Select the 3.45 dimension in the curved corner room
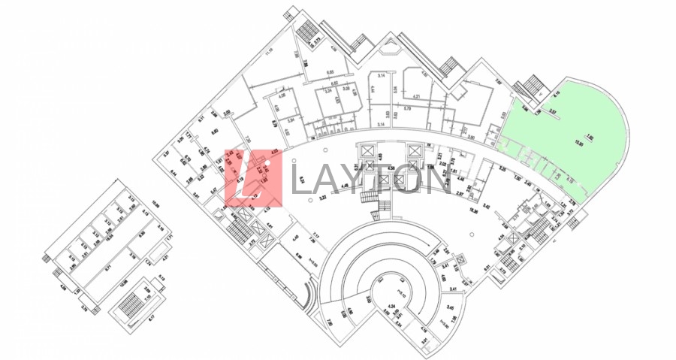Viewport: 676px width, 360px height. tap(451, 308)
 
